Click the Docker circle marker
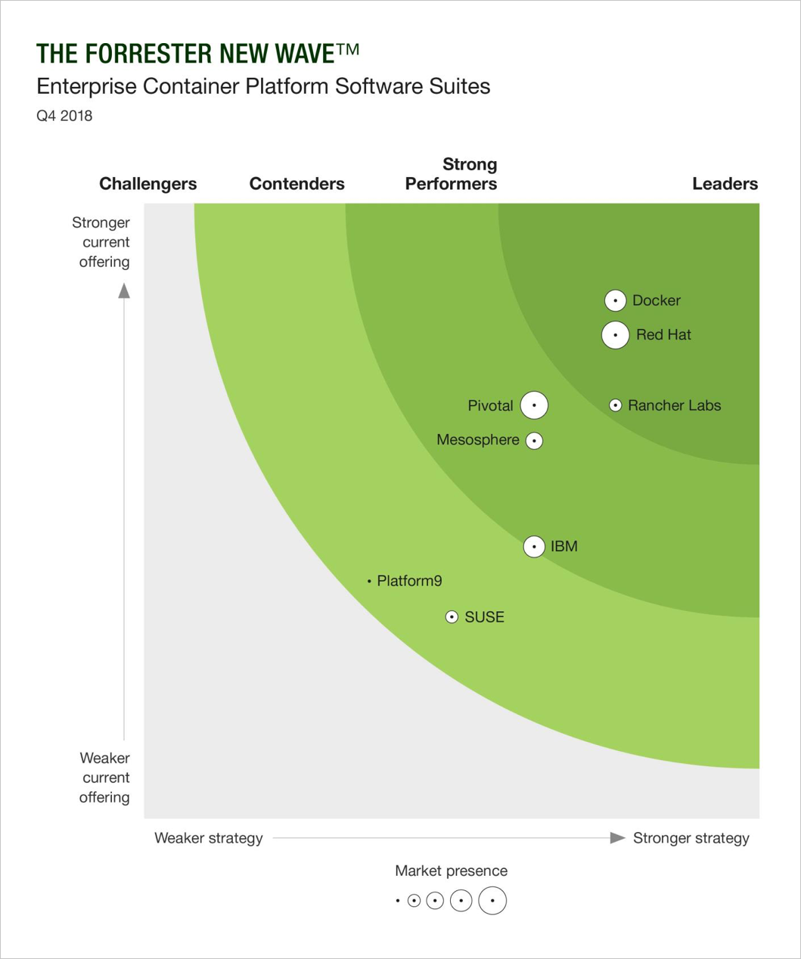(615, 300)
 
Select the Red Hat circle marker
(615, 335)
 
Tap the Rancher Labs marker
(616, 405)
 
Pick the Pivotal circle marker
(534, 405)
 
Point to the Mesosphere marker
(534, 440)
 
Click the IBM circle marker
(534, 546)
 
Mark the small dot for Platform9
(369, 582)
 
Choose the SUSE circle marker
(452, 617)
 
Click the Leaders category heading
(725, 184)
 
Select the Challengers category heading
(147, 184)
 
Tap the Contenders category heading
(296, 184)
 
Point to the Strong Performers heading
(452, 174)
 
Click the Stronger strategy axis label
(691, 838)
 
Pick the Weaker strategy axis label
(209, 838)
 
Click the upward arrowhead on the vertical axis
(124, 291)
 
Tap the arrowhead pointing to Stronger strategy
(617, 838)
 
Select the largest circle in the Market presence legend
(492, 901)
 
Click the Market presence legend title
(451, 871)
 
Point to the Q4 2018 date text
(64, 116)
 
